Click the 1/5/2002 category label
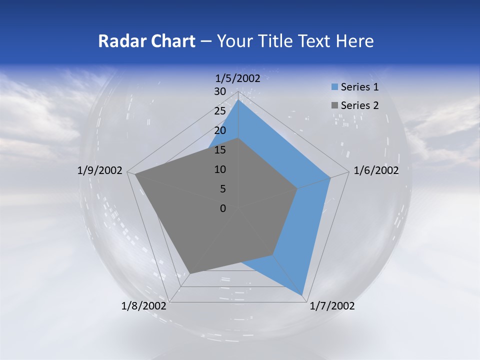(x=237, y=78)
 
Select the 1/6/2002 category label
(x=376, y=170)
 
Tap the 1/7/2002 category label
(x=332, y=306)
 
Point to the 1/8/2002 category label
(x=144, y=306)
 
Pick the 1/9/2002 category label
(x=100, y=170)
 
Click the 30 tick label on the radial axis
(x=220, y=91)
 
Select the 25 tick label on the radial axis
(x=220, y=111)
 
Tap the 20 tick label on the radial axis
(x=220, y=130)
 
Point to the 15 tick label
(x=220, y=150)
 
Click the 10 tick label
(x=220, y=169)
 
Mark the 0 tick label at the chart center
(x=223, y=208)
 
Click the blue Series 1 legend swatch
(x=334, y=87)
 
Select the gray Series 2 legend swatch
(x=334, y=105)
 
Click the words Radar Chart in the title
(x=146, y=41)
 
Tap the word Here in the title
(x=354, y=41)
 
